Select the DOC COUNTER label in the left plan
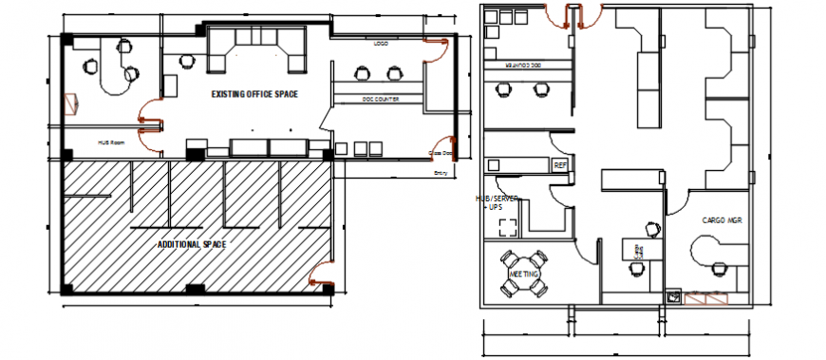(380, 99)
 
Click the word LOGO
(381, 44)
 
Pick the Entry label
(441, 173)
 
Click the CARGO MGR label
(721, 219)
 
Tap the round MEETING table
(523, 273)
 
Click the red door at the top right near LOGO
(436, 47)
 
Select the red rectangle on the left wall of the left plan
(69, 102)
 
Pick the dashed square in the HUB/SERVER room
(507, 227)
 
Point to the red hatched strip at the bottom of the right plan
(707, 299)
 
